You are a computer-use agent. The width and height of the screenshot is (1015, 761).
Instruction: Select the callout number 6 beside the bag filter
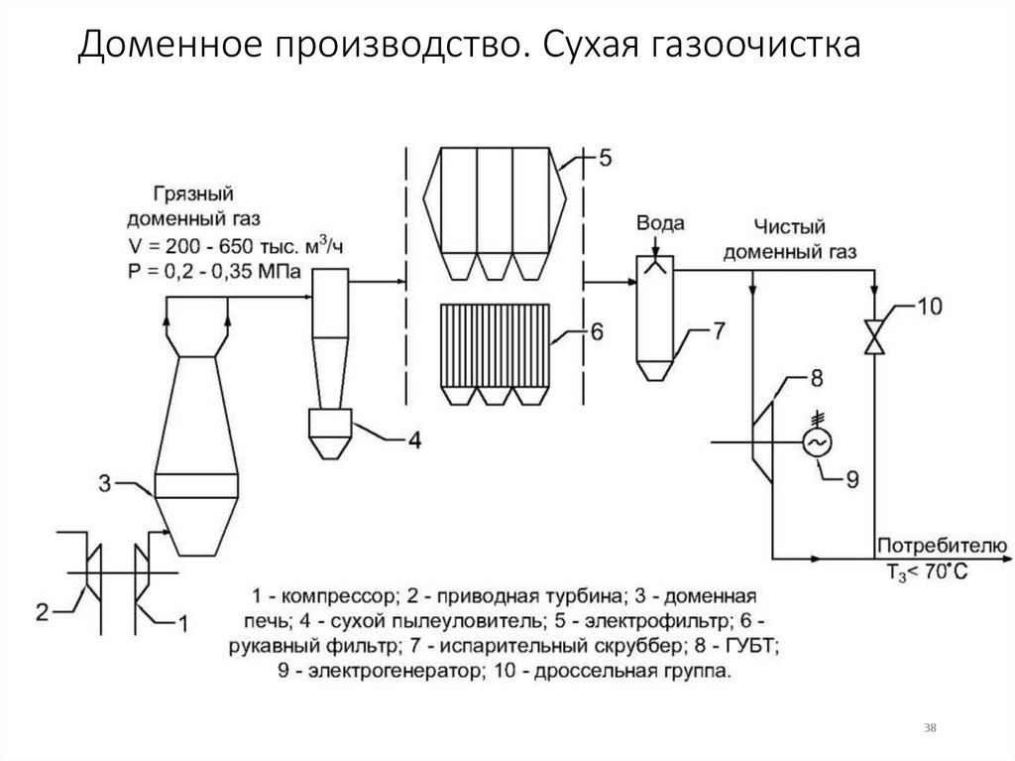[x=596, y=331]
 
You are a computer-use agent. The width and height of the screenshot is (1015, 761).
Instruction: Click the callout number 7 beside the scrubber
[x=719, y=331]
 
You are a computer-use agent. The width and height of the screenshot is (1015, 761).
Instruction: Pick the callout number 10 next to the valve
[x=931, y=306]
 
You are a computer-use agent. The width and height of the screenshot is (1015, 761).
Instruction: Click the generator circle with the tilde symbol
[x=818, y=443]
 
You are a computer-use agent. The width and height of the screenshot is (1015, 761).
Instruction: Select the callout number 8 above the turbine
[x=817, y=377]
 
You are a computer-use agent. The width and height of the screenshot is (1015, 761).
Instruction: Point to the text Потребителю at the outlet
[x=940, y=547]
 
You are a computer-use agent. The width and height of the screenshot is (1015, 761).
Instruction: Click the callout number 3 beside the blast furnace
[x=105, y=484]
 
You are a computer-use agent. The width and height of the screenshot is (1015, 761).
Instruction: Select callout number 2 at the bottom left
[x=42, y=611]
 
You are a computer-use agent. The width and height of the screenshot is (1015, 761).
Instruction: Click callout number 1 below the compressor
[x=180, y=622]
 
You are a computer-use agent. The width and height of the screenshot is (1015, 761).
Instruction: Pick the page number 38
[x=930, y=728]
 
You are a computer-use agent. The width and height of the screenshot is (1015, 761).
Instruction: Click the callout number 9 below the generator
[x=852, y=479]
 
